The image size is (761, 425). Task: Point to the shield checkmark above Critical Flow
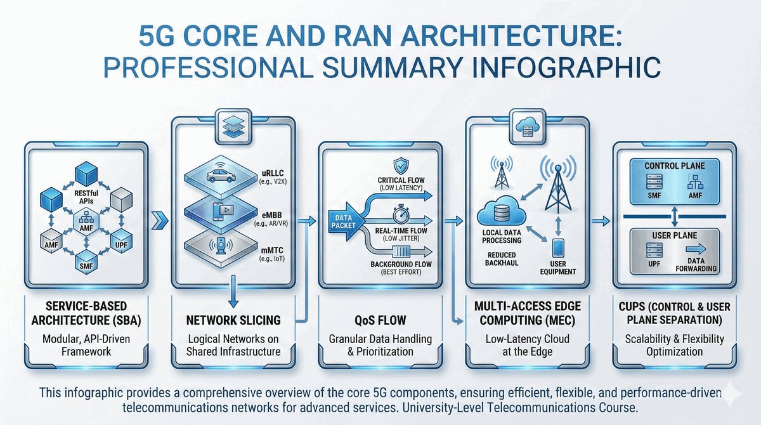point(401,166)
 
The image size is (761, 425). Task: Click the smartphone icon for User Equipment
point(557,247)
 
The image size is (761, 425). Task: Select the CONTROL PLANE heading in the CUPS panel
point(674,166)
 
